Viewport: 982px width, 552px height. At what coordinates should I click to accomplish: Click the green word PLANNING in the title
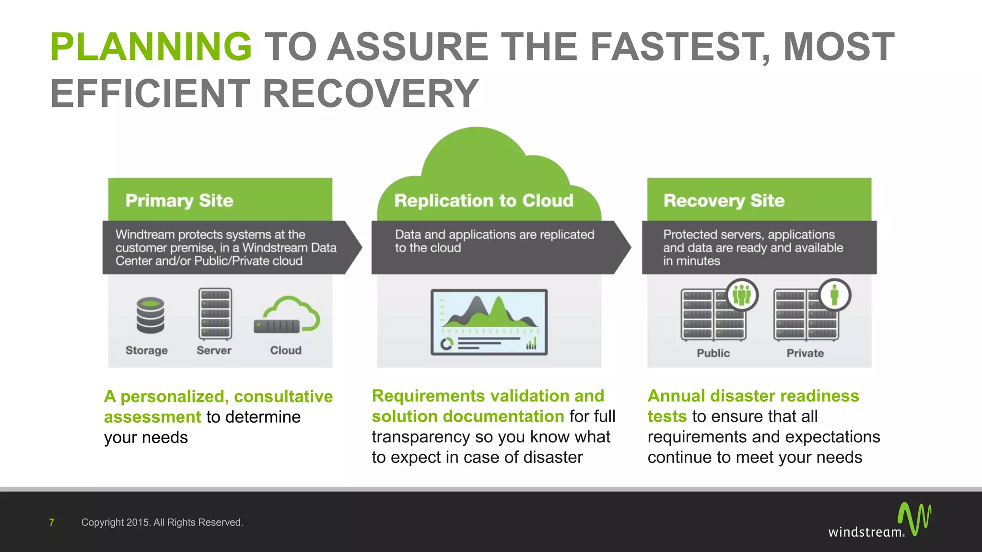[x=151, y=46]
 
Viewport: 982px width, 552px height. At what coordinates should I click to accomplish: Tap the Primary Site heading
[x=179, y=200]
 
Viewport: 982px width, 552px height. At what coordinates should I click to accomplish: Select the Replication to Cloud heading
[x=483, y=200]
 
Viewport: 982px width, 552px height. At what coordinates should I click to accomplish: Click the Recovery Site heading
[x=724, y=200]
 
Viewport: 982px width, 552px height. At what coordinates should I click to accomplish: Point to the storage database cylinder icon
[x=150, y=315]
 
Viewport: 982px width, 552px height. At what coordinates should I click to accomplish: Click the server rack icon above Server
[x=215, y=314]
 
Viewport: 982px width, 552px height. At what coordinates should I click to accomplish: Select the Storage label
[x=146, y=350]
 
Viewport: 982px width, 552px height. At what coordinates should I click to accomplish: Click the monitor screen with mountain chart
[x=489, y=322]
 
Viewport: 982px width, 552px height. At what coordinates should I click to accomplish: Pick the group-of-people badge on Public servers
[x=742, y=295]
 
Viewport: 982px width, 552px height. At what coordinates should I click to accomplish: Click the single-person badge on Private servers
[x=834, y=295]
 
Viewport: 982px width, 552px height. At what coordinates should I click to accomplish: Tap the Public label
[x=713, y=353]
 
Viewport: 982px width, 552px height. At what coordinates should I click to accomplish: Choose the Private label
[x=805, y=353]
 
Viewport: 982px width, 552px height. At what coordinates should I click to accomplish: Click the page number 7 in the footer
[x=52, y=522]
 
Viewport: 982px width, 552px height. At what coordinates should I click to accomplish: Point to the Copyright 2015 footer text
[x=162, y=522]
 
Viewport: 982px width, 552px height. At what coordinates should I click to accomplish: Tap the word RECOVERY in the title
[x=370, y=93]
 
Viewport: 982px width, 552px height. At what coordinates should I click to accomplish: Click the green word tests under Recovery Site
[x=667, y=416]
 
